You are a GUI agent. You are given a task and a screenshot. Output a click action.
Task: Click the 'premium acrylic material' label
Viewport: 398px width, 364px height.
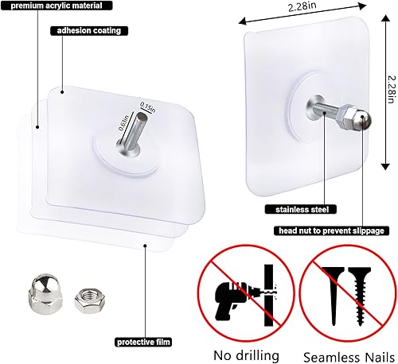click(x=55, y=6)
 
